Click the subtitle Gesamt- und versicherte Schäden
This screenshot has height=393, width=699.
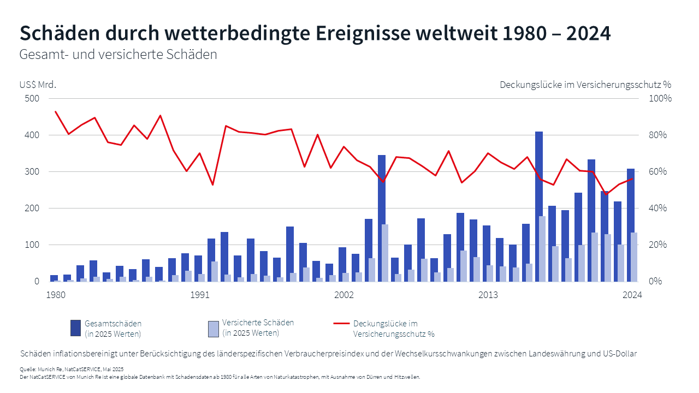click(118, 55)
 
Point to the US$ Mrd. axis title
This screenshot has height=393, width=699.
click(38, 85)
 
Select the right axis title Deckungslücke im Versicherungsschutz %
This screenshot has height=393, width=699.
click(585, 85)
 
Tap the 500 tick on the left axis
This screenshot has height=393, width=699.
click(33, 99)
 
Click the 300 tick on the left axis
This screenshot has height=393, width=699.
click(33, 172)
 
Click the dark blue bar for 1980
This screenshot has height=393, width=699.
click(54, 278)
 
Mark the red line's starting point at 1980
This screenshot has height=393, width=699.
click(56, 112)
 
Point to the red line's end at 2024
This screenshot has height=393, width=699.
click(632, 178)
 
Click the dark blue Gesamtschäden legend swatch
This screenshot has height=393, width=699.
click(76, 328)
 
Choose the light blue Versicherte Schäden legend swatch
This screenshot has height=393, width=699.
click(214, 329)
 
